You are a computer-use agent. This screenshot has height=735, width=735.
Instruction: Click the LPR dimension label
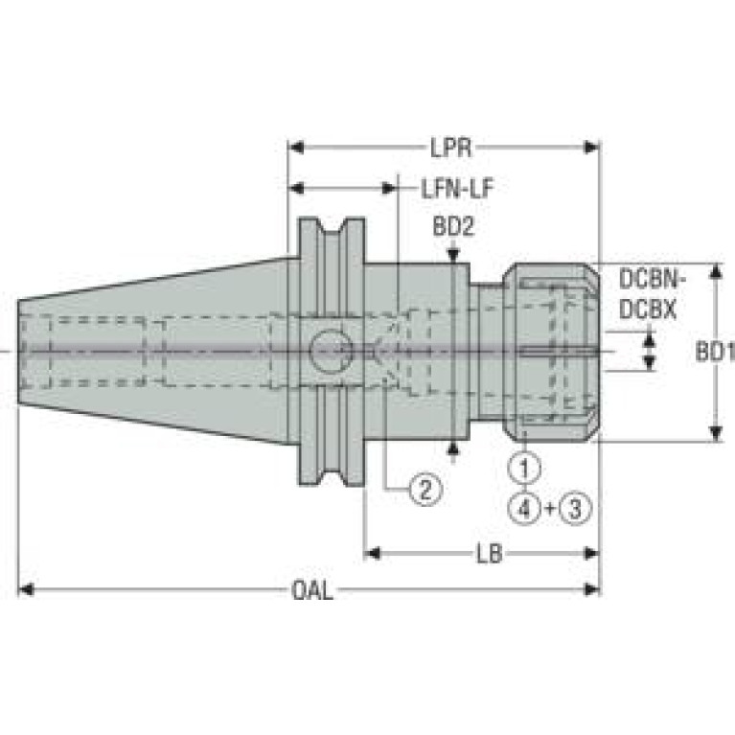coord(451,149)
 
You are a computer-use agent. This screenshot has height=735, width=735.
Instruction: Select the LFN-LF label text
coord(457,189)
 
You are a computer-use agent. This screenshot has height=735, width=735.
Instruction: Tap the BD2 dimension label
coord(453,227)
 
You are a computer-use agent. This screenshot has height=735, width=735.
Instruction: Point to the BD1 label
coord(714,352)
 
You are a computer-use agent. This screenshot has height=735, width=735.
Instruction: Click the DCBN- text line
coord(653,280)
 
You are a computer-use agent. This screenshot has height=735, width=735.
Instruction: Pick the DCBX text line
coord(648,310)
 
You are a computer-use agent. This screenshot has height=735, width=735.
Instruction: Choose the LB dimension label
coord(490,554)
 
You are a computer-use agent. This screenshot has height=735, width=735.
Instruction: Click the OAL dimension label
coord(312,590)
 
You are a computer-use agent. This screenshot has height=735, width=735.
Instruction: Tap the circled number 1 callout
coord(524,468)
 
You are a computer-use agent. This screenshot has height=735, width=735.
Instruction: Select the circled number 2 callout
coord(425,490)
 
